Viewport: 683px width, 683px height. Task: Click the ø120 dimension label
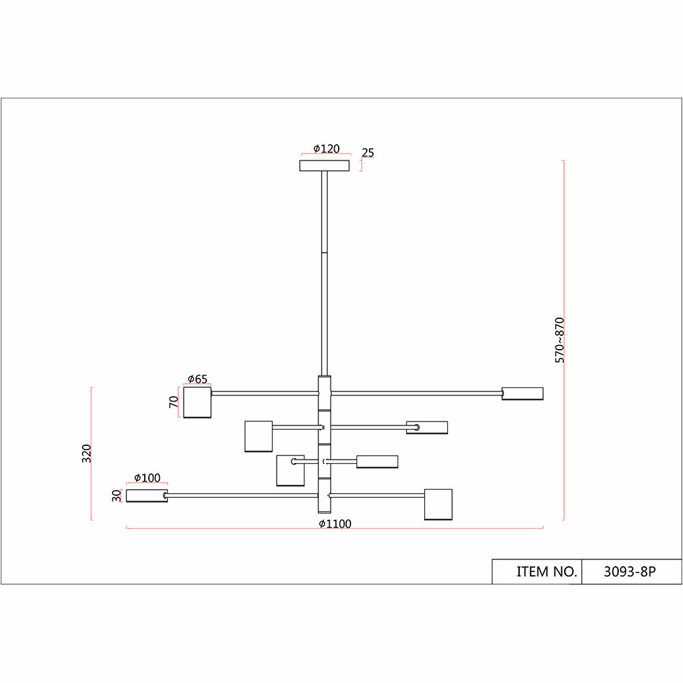326,149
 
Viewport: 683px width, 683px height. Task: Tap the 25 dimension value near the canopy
368,152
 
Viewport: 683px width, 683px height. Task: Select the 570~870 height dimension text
560,339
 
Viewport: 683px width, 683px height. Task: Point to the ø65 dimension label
197,379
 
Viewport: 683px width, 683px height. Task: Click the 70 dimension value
174,402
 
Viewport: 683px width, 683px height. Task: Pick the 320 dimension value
86,454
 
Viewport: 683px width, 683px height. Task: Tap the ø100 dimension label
147,477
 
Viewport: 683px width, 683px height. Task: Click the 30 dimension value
117,496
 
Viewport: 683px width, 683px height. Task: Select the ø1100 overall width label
335,524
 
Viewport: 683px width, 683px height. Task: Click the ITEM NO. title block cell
537,572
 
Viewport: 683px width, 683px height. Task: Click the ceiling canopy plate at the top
324,165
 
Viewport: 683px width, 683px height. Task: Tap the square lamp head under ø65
197,402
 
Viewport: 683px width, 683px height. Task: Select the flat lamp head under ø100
147,496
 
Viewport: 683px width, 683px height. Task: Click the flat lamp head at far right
522,393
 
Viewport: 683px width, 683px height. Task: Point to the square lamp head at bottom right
438,504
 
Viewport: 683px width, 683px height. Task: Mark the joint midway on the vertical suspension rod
324,254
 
